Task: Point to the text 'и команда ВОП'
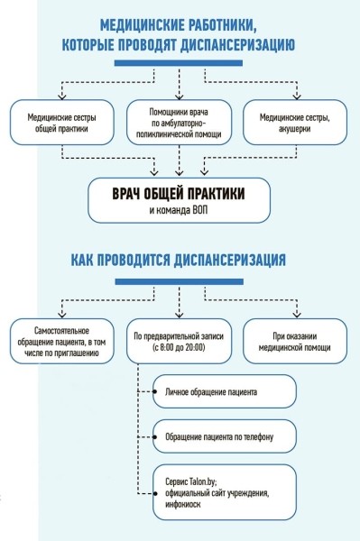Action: [180, 210]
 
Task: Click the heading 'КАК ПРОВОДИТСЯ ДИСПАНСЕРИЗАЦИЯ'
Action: [180, 261]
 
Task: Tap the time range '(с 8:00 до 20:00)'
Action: [180, 348]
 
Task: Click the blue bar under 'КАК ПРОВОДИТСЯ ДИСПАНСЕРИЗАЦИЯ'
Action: [180, 281]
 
